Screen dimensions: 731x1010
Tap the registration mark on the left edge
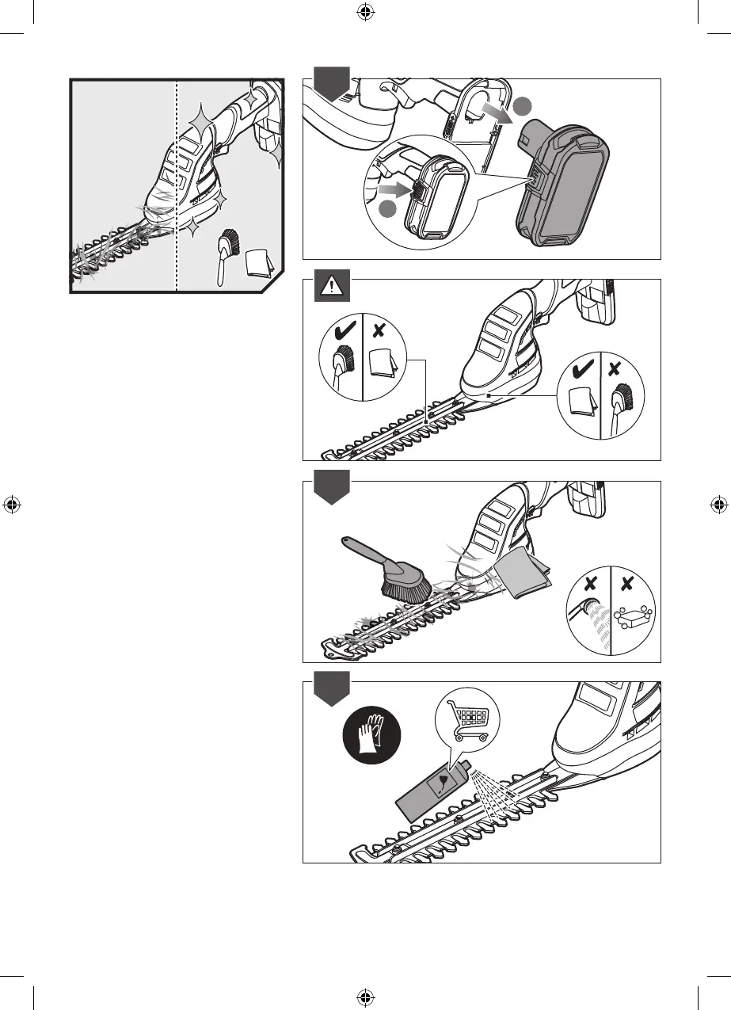pyautogui.click(x=11, y=505)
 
